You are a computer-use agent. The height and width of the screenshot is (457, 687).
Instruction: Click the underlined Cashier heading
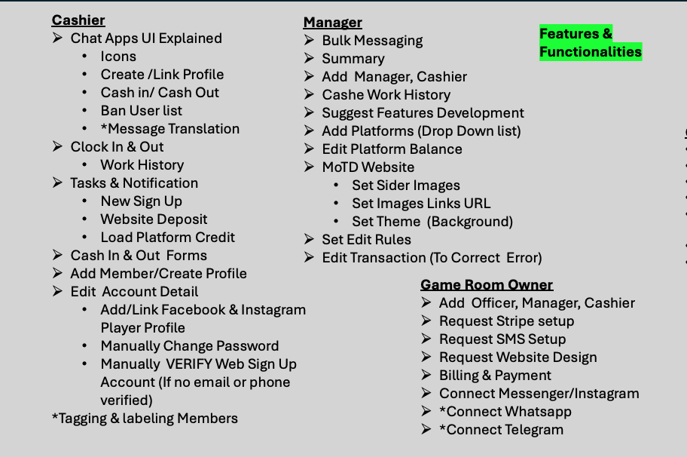78,20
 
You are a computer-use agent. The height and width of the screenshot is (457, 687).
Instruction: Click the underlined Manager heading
332,23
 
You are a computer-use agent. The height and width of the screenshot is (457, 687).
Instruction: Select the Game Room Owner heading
487,285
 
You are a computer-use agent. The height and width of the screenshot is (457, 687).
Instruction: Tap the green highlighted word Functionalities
591,52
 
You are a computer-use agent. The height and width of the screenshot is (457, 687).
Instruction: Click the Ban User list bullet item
142,111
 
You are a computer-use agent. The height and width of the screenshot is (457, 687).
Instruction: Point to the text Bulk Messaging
372,41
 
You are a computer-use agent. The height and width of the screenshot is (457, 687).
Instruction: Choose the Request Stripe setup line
506,321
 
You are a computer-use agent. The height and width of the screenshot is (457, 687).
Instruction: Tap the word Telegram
535,430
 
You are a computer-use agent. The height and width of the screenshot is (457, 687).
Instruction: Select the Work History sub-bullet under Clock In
142,165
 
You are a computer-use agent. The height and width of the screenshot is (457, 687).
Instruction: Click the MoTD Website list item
368,167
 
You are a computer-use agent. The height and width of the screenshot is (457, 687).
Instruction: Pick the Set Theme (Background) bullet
432,222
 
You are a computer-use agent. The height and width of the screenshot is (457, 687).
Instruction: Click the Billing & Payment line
495,376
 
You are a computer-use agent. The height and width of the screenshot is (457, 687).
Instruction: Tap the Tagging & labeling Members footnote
145,419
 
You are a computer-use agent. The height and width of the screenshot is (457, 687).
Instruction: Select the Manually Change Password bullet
190,346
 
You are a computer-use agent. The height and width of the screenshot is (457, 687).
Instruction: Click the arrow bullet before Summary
309,59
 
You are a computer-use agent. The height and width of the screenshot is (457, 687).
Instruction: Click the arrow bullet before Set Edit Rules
309,240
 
